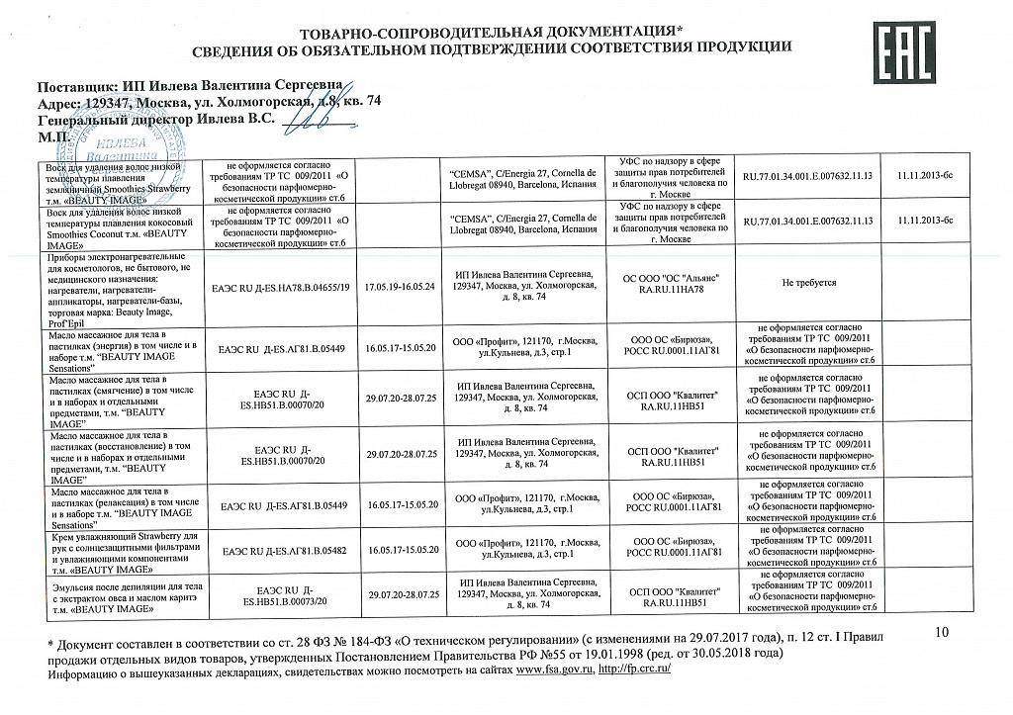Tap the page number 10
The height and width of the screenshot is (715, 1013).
pyautogui.click(x=941, y=632)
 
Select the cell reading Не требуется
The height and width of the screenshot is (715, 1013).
pyautogui.click(x=808, y=283)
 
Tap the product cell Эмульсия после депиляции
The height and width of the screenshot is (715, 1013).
pyautogui.click(x=125, y=594)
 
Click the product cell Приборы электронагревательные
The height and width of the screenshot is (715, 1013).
pyautogui.click(x=125, y=283)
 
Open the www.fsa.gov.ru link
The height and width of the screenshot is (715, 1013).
pyautogui.click(x=553, y=670)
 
